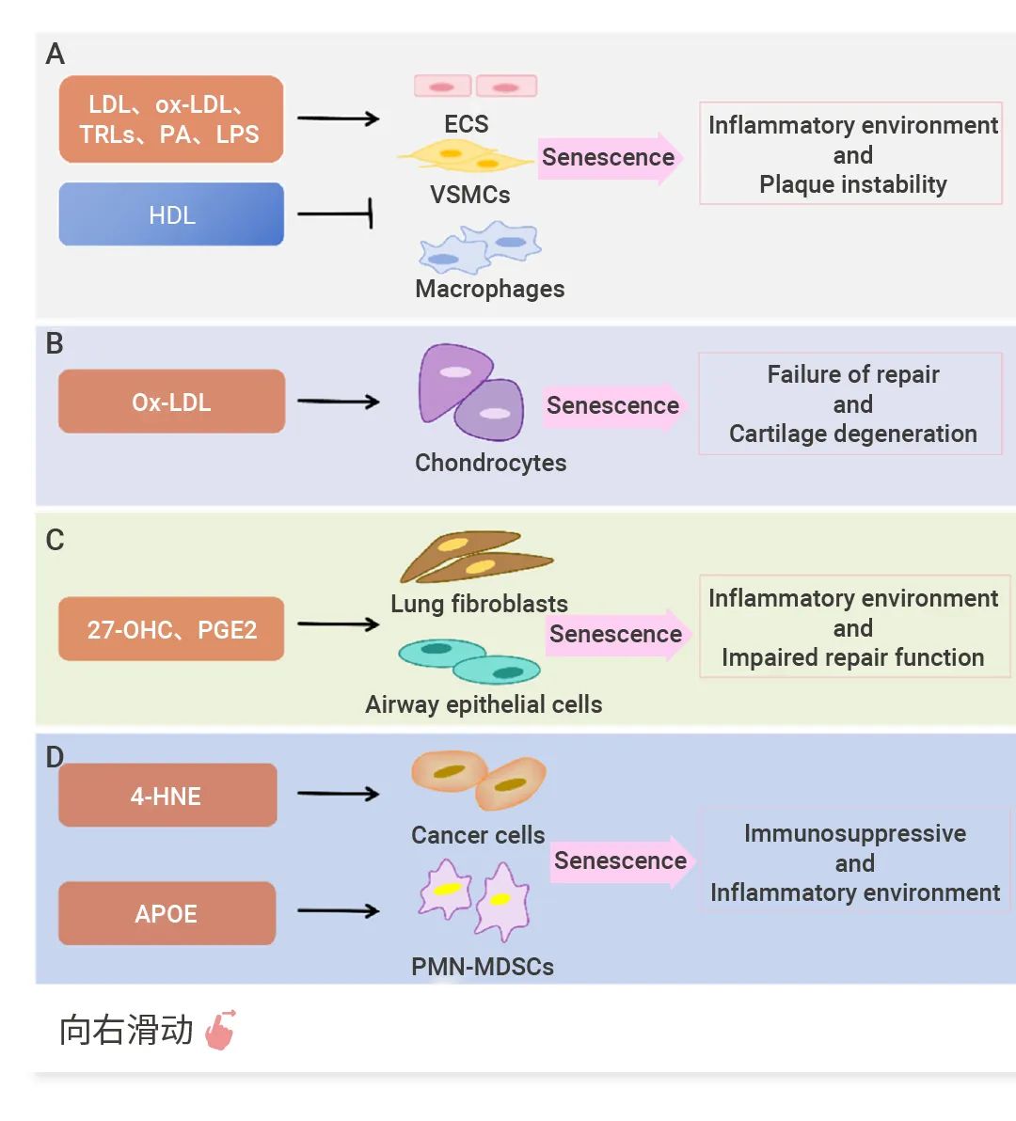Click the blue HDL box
171,214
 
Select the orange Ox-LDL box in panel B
171,402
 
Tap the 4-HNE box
167,796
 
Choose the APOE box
167,913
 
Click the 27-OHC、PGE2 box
171,628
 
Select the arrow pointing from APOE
338,910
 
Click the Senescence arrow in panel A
611,157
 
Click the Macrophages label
489,289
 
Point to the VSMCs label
469,195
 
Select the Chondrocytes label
490,463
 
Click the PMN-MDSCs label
482,966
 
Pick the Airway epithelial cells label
484,704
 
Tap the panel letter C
55,540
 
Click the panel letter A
55,54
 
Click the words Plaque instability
852,184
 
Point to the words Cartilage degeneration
852,434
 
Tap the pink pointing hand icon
221,1030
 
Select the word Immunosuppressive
854,833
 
